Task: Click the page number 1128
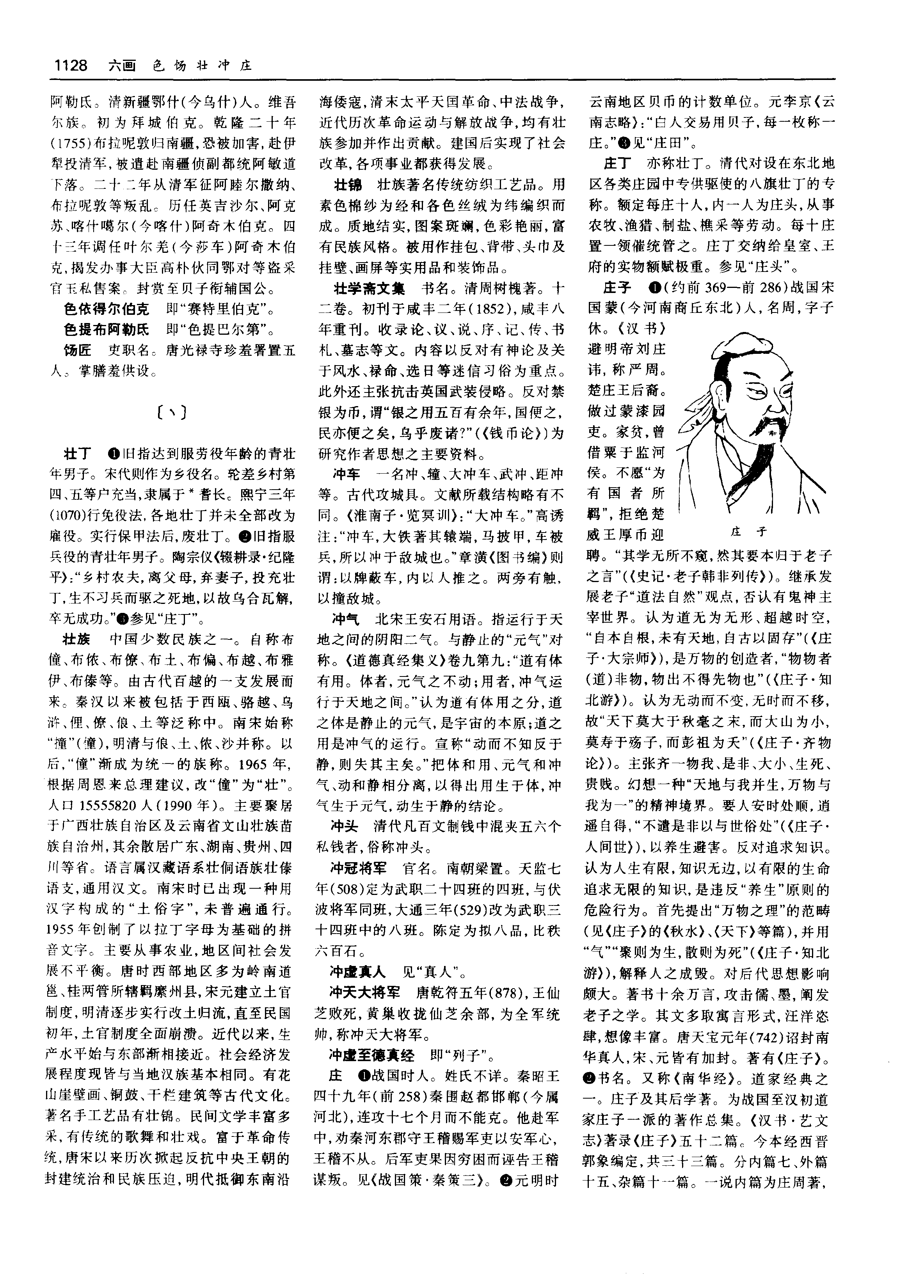(x=71, y=66)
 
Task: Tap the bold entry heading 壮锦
(x=348, y=185)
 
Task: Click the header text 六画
(x=122, y=66)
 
